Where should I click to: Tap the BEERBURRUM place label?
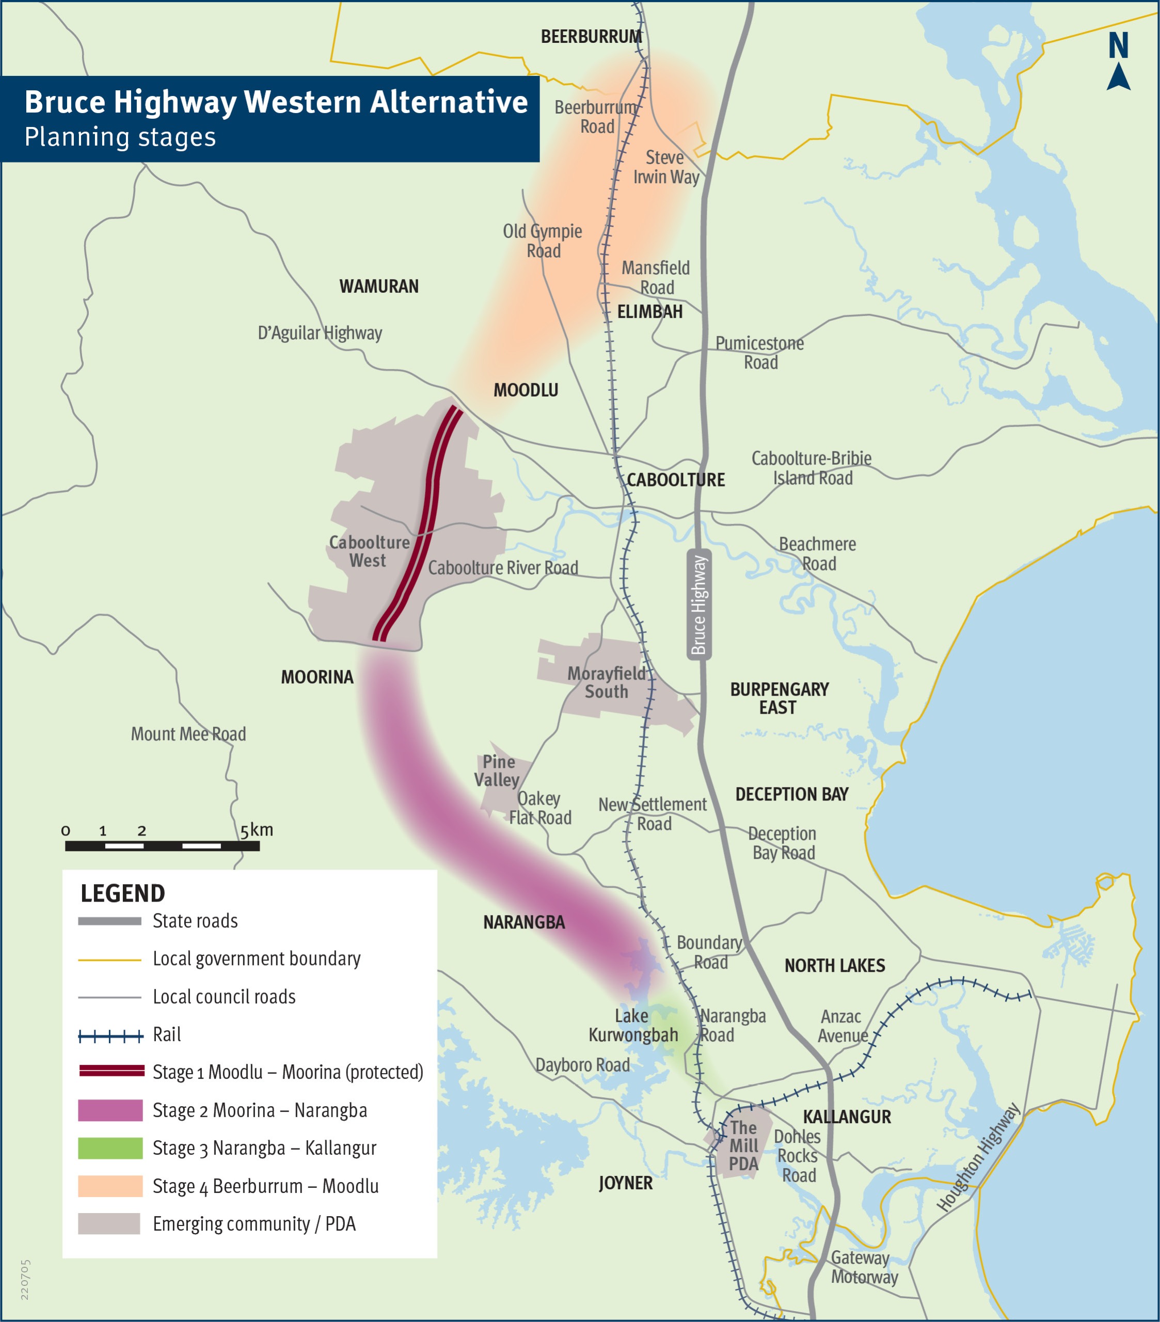(591, 37)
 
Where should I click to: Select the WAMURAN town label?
(379, 286)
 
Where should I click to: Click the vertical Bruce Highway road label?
(699, 604)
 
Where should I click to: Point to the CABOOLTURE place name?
(675, 480)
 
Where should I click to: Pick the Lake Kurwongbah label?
(633, 1025)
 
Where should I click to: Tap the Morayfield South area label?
(607, 682)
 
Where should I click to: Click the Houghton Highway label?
(978, 1157)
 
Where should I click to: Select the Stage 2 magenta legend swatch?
(110, 1110)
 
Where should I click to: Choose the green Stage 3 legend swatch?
(110, 1148)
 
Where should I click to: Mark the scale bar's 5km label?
(257, 830)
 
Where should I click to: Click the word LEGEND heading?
(123, 893)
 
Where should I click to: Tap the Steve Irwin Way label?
(666, 167)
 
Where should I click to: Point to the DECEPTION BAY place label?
(791, 794)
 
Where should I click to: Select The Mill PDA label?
(743, 1146)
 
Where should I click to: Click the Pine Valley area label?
(497, 770)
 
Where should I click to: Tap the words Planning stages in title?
(120, 137)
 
